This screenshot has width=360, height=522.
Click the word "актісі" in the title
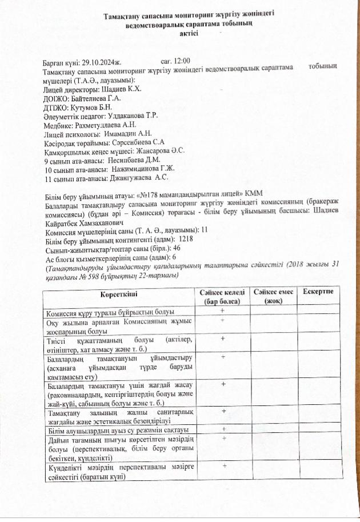[x=189, y=34]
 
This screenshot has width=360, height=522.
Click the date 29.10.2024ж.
[x=102, y=61]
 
